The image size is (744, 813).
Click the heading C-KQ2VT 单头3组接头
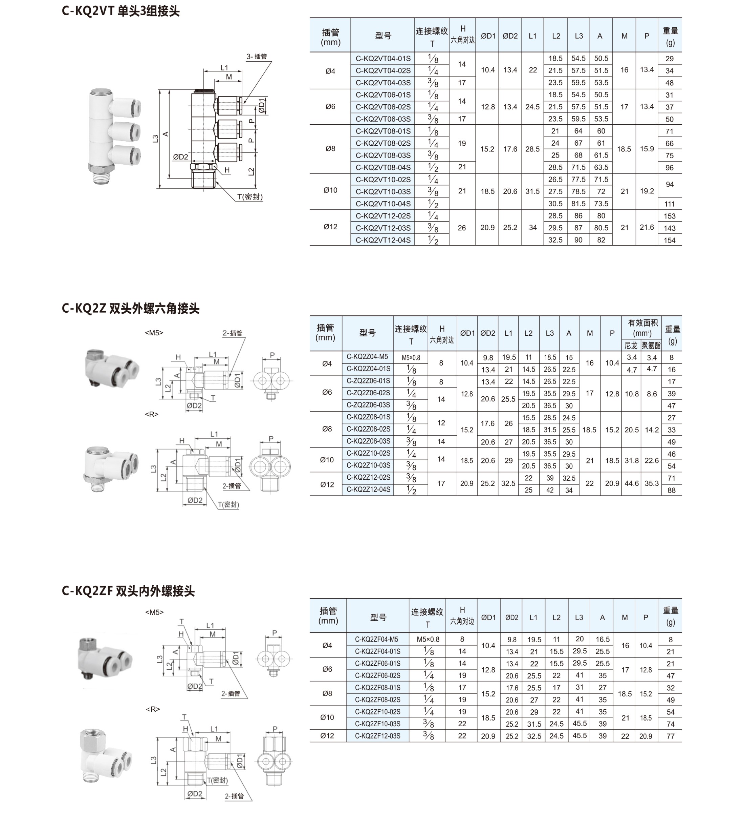click(121, 11)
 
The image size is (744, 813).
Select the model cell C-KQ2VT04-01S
click(383, 59)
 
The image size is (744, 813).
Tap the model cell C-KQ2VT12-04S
click(383, 240)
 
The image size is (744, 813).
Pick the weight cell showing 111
click(670, 204)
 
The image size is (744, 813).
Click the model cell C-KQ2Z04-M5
click(367, 357)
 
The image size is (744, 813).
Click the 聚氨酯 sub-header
click(651, 346)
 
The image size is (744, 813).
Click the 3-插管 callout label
click(257, 57)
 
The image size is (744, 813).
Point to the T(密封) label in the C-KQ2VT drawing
click(250, 197)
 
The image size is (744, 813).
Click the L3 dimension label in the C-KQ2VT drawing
click(156, 138)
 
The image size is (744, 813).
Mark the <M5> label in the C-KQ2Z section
click(154, 333)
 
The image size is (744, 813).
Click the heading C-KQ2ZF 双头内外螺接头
click(128, 591)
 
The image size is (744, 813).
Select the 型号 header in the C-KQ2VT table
click(383, 36)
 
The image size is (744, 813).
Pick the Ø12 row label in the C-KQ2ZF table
click(327, 736)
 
